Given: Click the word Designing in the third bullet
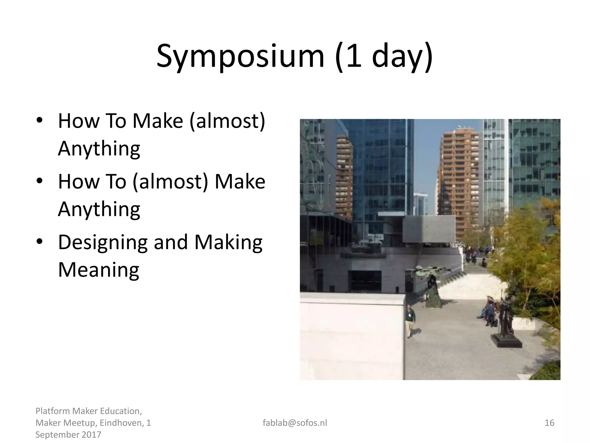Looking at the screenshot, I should pyautogui.click(x=103, y=242).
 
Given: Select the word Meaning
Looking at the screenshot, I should pyautogui.click(x=99, y=270).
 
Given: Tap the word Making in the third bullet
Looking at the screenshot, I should pyautogui.click(x=228, y=242).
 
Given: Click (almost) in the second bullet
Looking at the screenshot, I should pyautogui.click(x=170, y=181).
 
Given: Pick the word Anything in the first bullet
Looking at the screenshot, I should pyautogui.click(x=99, y=148).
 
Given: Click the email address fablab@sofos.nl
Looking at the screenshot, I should pyautogui.click(x=295, y=423).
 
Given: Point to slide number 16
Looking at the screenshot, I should pyautogui.click(x=549, y=423).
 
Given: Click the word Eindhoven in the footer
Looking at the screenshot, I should pyautogui.click(x=120, y=423).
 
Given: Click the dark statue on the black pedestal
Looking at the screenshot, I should pyautogui.click(x=505, y=317).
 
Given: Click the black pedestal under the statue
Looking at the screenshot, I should pyautogui.click(x=506, y=342).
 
